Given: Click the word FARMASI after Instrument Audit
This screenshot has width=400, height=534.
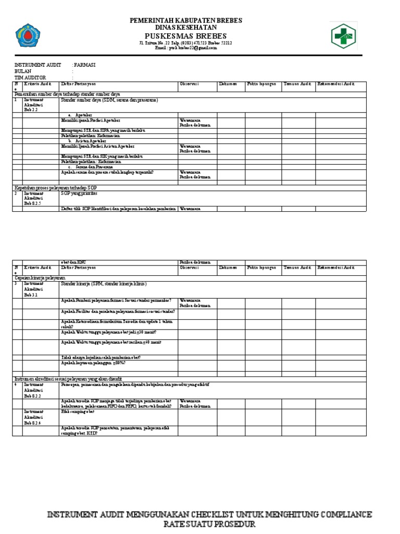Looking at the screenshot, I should (x=85, y=65).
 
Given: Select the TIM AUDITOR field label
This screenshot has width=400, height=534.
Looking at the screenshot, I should (x=30, y=77).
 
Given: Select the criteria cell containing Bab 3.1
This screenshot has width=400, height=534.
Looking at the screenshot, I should (x=34, y=289).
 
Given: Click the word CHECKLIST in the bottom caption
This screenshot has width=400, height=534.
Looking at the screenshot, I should (x=201, y=515).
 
